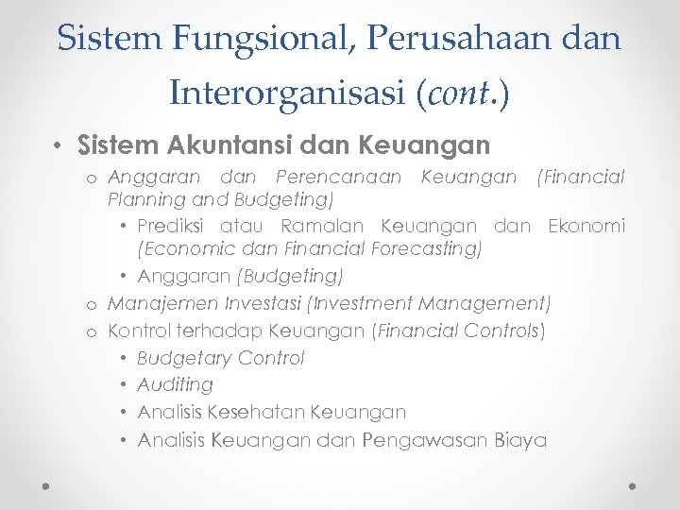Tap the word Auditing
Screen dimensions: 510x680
pyautogui.click(x=176, y=385)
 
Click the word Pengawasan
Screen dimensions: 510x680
pyautogui.click(x=428, y=440)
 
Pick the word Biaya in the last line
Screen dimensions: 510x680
pyautogui.click(x=520, y=440)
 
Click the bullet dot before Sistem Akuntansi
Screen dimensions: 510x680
pyautogui.click(x=59, y=146)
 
